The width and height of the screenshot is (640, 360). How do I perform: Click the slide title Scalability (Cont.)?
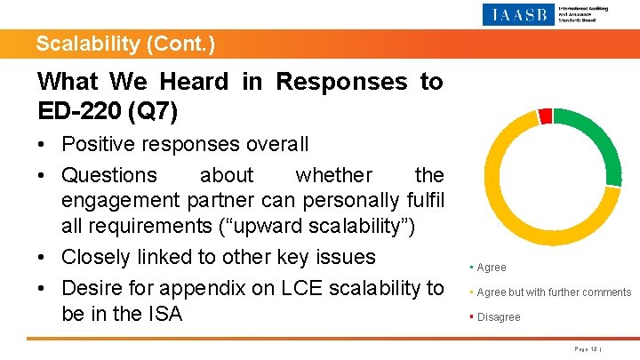(x=125, y=44)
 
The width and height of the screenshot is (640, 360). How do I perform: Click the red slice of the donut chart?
(x=545, y=116)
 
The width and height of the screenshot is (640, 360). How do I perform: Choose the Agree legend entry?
(x=491, y=268)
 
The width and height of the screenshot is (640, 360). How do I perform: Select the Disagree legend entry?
(x=498, y=317)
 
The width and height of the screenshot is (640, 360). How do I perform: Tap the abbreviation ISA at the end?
(x=163, y=314)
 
